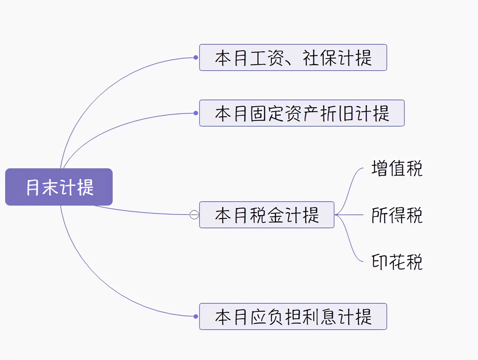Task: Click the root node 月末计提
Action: click(59, 187)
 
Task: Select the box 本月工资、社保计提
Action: click(293, 57)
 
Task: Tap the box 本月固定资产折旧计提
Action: click(302, 113)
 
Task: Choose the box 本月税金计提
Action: click(266, 215)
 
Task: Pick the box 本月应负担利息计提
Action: click(293, 316)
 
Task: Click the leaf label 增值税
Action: click(397, 168)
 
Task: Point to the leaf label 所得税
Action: click(397, 215)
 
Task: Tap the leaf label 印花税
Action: click(397, 262)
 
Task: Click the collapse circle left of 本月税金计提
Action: click(194, 215)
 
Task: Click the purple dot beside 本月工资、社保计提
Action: click(196, 57)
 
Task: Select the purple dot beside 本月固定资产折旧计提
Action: click(196, 113)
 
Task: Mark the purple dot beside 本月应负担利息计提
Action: click(196, 316)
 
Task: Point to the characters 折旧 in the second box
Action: click(337, 113)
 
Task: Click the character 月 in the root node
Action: click(33, 187)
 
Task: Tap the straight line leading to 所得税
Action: click(351, 215)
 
